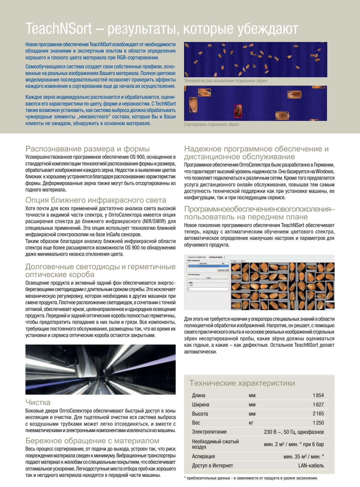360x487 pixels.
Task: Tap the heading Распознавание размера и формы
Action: (87, 148)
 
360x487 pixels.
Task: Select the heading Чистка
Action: (38, 402)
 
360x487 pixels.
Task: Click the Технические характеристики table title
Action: (242, 383)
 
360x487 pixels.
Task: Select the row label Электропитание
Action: (209, 432)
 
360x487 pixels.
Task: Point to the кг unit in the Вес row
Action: (251, 423)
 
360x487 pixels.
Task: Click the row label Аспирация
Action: (203, 456)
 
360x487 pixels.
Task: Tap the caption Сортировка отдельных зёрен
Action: (211, 124)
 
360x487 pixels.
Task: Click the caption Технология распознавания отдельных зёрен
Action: (225, 81)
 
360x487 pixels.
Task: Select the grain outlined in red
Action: (237, 111)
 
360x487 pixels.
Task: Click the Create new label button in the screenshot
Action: (223, 270)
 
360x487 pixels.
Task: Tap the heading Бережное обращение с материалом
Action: (92, 441)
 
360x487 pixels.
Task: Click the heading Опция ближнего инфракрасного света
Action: (96, 200)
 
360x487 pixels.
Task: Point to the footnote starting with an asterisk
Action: (251, 478)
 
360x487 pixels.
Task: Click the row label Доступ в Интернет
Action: (212, 466)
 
